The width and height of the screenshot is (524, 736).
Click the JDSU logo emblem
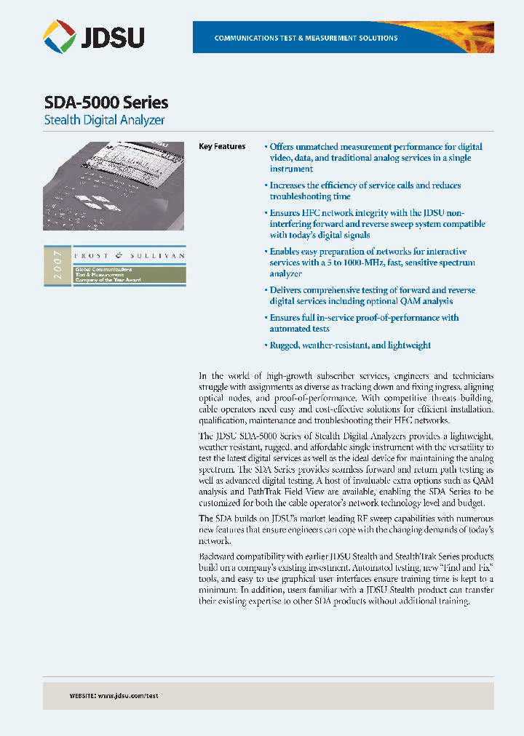click(59, 36)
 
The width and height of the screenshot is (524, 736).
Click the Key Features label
click(222, 147)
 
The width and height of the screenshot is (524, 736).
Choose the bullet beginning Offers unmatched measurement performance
click(373, 158)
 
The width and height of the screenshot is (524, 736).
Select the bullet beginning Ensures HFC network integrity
click(375, 224)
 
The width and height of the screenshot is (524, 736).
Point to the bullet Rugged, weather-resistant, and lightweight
click(349, 345)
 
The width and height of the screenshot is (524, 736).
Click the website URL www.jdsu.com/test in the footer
click(128, 696)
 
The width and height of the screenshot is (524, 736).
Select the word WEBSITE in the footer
click(82, 696)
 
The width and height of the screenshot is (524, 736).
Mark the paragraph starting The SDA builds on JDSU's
click(346, 529)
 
